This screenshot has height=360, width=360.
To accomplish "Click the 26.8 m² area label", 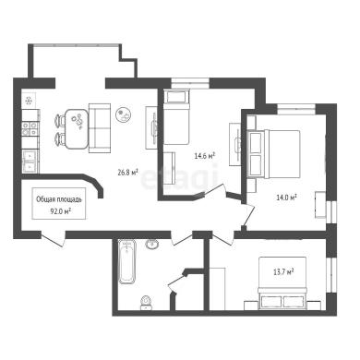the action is coord(127,173).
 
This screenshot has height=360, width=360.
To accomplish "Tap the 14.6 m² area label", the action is coord(204,156).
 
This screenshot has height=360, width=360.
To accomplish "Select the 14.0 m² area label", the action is coord(286,198).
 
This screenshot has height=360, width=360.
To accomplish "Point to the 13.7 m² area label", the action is coord(283,271).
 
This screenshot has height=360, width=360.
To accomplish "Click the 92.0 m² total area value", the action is coord(60,210).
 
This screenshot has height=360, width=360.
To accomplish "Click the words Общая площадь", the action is coord(59,199).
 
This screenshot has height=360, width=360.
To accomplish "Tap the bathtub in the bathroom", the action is coord(127,262).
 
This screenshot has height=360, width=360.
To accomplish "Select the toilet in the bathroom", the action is coord(146,303).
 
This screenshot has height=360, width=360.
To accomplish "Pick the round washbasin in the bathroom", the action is coord(152,245).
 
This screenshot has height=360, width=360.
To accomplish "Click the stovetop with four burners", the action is coord(30,128).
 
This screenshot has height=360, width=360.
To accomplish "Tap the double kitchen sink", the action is coord(30,162).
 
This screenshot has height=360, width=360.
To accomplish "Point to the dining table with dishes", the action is coord(77,129).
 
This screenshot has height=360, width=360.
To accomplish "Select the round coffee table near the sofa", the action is coord(125,114).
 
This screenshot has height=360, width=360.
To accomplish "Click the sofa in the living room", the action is coord(100,128).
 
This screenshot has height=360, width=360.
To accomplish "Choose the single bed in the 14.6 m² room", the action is coord(175,117).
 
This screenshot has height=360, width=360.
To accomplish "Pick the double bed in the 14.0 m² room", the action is coord(273,154).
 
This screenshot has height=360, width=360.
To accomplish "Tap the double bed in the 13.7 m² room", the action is coord(282,282).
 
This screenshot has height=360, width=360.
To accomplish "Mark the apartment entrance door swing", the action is coord(54,239).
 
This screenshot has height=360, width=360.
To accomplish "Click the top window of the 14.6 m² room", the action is coord(190,83).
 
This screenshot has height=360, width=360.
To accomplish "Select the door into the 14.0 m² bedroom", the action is coord(248,215).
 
